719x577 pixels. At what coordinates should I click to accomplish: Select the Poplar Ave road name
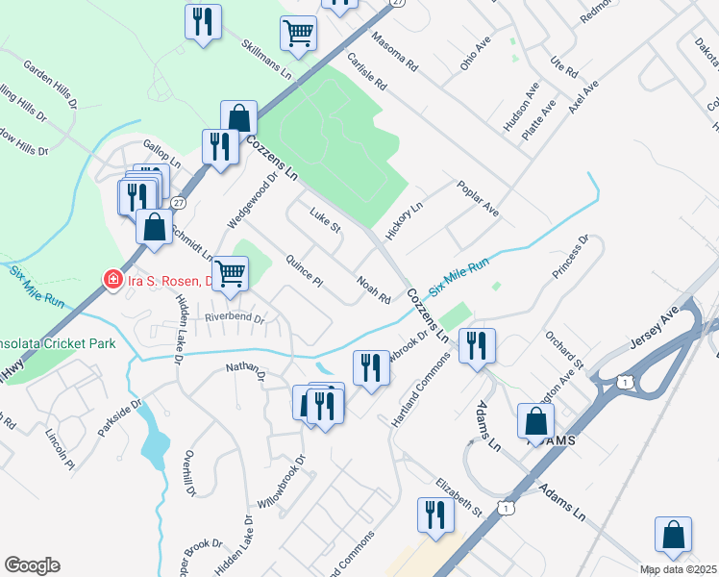coord(478,197)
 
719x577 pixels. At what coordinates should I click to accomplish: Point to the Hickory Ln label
coord(404,220)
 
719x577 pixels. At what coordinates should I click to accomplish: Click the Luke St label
coord(325,220)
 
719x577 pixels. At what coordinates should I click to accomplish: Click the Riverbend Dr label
coord(234,316)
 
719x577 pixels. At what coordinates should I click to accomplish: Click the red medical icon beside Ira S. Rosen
coord(112,280)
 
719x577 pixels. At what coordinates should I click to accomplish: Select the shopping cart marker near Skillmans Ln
coord(298,33)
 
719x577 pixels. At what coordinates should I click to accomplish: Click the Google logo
coord(32,565)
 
